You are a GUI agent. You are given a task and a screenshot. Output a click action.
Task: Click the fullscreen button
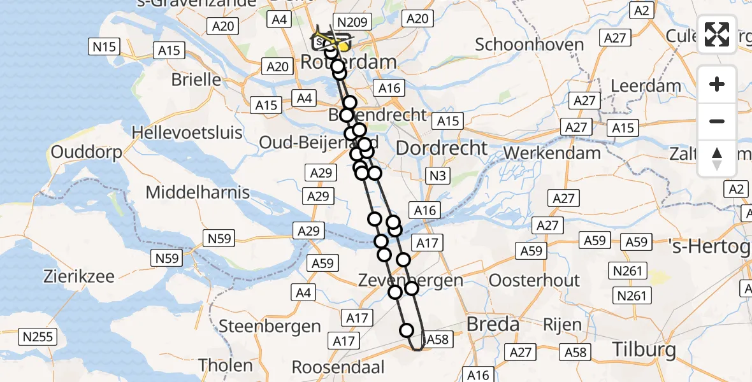coord(717,34)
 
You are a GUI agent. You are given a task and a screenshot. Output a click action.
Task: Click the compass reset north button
coord(717,159)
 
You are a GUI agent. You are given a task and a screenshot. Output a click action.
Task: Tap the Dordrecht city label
coord(442,148)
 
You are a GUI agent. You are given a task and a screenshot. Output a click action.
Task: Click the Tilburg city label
coord(644,350)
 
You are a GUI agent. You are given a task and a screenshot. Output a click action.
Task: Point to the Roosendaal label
coord(338,367)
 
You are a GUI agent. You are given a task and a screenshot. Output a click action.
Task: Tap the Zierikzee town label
coord(79,277)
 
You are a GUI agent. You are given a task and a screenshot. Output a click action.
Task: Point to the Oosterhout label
coord(534,281)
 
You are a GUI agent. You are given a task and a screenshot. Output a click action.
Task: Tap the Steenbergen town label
coord(270,327)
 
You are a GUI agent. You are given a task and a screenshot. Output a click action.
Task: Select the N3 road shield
coord(436,176)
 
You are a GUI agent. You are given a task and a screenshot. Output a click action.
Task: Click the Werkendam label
coord(552,153)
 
